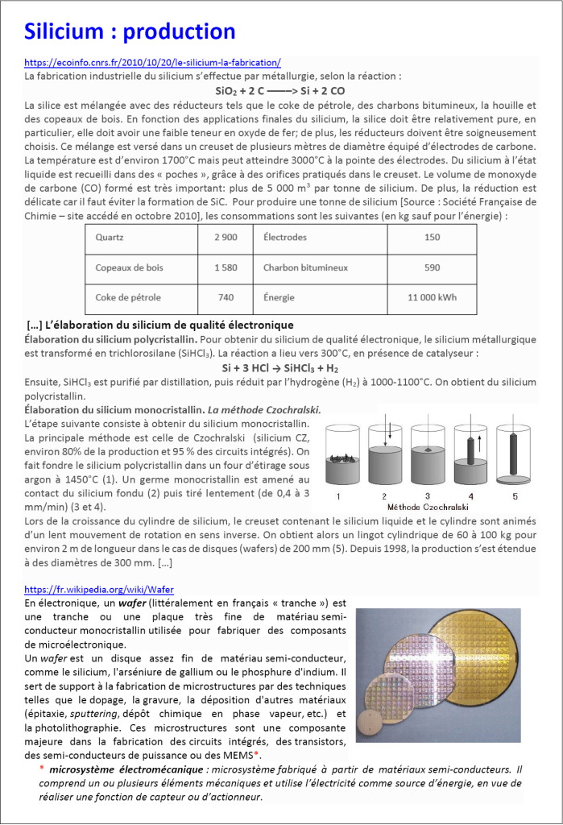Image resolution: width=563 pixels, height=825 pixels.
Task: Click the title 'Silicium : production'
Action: point(130,31)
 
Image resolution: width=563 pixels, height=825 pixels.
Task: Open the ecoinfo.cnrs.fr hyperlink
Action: point(152,63)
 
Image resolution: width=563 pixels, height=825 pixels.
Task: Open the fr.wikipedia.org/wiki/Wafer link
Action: point(99,589)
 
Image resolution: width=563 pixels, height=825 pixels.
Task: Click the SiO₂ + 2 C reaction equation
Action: point(280,91)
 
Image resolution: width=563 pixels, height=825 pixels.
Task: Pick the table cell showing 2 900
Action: point(226,238)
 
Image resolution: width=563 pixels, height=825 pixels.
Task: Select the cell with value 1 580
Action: point(226,267)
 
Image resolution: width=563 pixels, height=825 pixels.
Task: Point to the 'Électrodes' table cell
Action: point(285,238)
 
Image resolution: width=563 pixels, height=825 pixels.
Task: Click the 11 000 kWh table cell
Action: point(432,297)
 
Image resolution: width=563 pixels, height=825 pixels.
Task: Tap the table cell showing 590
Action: point(432,267)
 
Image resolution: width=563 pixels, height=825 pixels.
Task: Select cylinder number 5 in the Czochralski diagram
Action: point(512,455)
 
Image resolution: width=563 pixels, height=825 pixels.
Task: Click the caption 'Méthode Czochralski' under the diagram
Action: point(426,508)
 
